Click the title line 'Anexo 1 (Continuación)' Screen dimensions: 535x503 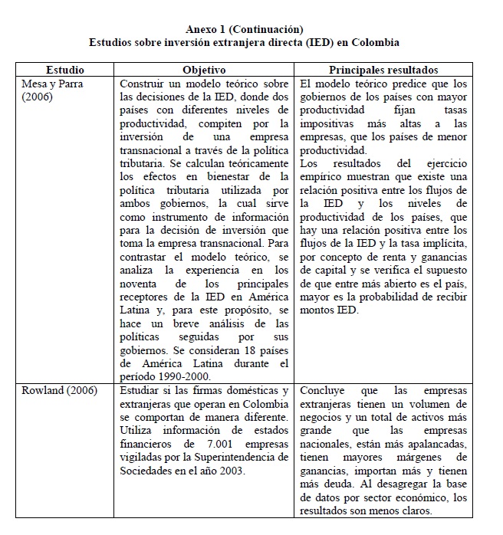point(244,29)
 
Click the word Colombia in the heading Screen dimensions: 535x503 point(374,42)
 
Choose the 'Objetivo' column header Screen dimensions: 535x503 point(205,70)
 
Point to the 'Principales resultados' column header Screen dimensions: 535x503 point(383,70)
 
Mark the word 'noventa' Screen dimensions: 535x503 point(143,284)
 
